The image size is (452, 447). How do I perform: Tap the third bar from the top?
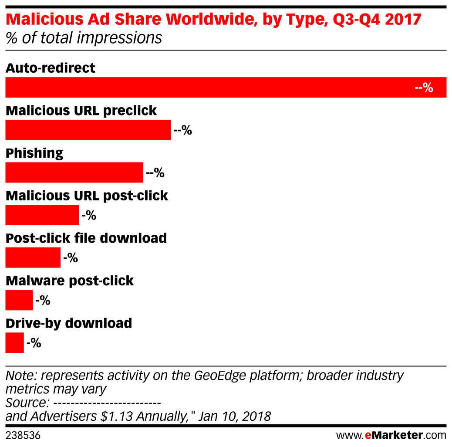click(74, 173)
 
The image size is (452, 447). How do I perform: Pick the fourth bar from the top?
click(42, 215)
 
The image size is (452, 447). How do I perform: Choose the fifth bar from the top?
click(33, 257)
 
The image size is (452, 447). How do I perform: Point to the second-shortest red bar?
click(19, 300)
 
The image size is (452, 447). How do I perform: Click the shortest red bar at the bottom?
click(14, 343)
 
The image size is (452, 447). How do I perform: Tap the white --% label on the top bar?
click(424, 88)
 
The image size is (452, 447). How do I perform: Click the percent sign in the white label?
click(428, 88)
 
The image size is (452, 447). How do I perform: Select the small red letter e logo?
click(368, 435)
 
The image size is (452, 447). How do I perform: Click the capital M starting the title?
click(13, 19)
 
